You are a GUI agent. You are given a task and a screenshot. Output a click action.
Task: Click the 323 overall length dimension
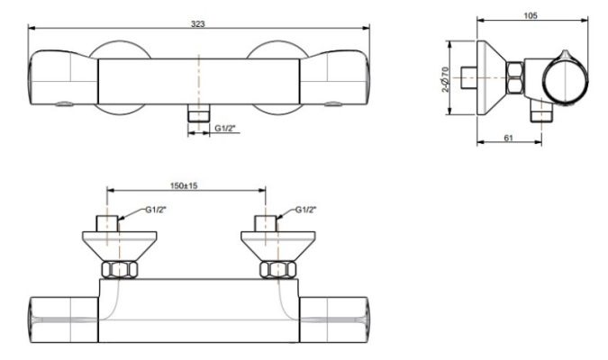(198, 22)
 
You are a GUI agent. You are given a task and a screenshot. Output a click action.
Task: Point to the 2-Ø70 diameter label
(444, 85)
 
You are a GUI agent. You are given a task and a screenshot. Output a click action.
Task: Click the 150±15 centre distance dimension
(184, 184)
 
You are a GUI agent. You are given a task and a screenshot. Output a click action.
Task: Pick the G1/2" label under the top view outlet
(225, 130)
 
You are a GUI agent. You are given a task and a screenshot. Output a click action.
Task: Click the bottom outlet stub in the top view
(197, 114)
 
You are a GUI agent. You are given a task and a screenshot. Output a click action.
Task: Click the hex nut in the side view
(515, 78)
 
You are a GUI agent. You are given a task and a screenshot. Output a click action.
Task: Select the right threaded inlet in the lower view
(266, 223)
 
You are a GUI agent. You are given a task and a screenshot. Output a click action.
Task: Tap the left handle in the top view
(63, 81)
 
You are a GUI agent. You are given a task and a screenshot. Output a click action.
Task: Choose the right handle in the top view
(333, 81)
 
